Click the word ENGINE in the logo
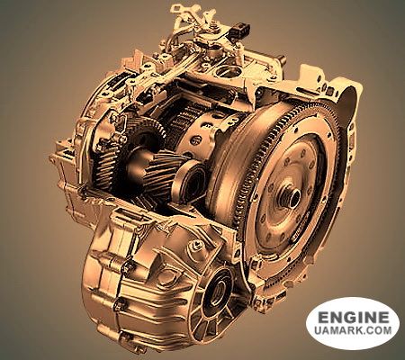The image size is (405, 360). [353, 317]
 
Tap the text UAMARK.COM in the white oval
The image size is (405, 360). [353, 330]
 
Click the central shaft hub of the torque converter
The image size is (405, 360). [291, 196]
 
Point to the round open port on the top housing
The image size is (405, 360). [229, 72]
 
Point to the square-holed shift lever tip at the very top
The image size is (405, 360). [177, 8]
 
